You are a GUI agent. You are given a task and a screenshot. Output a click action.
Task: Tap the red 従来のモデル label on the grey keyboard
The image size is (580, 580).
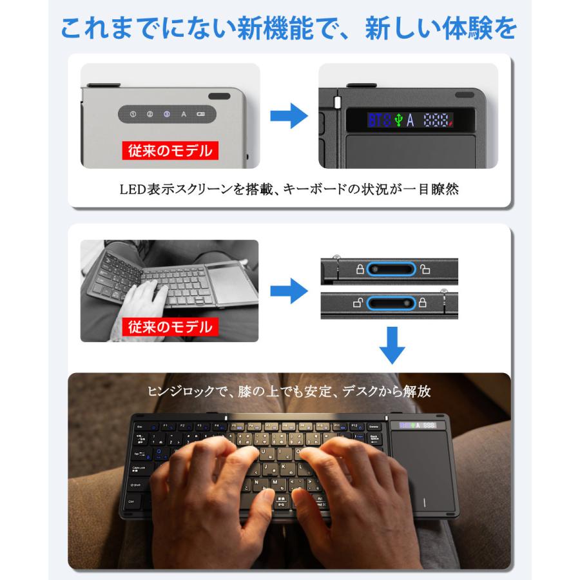(x=168, y=151)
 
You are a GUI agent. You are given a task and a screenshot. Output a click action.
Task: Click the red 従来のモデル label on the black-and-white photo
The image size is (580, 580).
(x=168, y=326)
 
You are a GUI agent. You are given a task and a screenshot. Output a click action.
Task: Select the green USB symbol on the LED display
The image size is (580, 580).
(x=398, y=120)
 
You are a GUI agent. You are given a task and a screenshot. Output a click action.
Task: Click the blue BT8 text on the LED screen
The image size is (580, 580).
(x=379, y=120)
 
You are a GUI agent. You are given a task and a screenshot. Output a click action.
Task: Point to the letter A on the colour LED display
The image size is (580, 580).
(x=411, y=120)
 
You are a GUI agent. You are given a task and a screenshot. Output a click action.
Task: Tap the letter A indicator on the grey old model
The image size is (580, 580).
(x=184, y=115)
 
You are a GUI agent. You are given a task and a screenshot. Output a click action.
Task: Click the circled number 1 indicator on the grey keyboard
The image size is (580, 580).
(x=133, y=115)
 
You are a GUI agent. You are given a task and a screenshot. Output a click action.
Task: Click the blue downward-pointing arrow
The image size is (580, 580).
(x=392, y=345)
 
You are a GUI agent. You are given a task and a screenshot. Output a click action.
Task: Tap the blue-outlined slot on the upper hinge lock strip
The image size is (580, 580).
(x=391, y=269)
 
